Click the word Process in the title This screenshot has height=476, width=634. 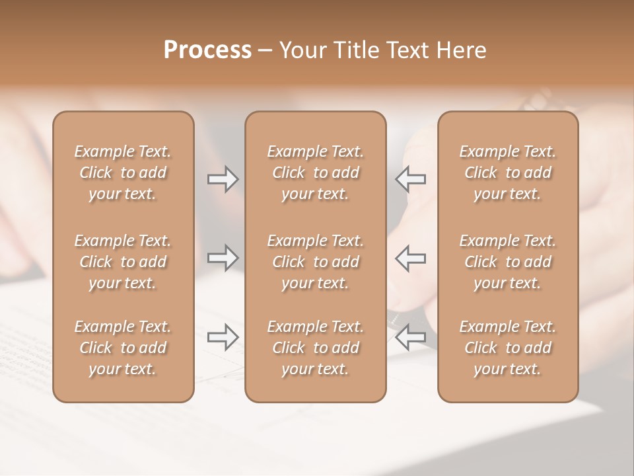click(x=207, y=50)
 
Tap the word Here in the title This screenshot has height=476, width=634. click(x=462, y=50)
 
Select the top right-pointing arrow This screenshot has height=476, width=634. click(x=223, y=179)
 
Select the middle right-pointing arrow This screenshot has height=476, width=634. click(x=223, y=258)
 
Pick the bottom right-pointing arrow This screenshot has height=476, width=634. click(x=223, y=337)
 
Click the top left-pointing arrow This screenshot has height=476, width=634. click(x=411, y=179)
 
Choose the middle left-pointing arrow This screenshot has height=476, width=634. click(x=411, y=258)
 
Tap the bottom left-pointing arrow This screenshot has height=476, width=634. click(x=411, y=337)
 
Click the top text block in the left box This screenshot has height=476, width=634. click(x=123, y=173)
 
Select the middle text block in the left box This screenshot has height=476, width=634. click(x=123, y=262)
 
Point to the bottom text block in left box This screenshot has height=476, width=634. click(x=123, y=348)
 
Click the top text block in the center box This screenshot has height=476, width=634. click(x=315, y=173)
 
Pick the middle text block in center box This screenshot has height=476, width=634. click(x=315, y=262)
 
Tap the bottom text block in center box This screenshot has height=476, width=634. click(x=315, y=348)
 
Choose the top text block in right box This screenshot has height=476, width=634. click(x=507, y=173)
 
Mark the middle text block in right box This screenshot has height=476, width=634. click(x=507, y=262)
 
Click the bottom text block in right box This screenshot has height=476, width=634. click(x=507, y=348)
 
